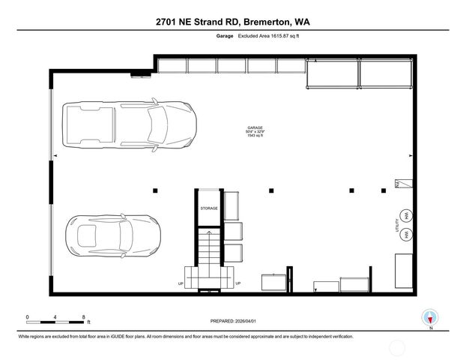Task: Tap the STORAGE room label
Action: tap(208, 208)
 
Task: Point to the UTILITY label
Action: tap(397, 225)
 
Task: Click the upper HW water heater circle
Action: tap(406, 215)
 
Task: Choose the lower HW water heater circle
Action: tap(406, 235)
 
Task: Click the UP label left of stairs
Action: tap(180, 283)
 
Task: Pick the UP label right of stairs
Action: tap(237, 283)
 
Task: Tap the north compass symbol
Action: tap(430, 316)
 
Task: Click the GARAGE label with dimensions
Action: tap(256, 132)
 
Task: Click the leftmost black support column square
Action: tap(155, 190)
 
